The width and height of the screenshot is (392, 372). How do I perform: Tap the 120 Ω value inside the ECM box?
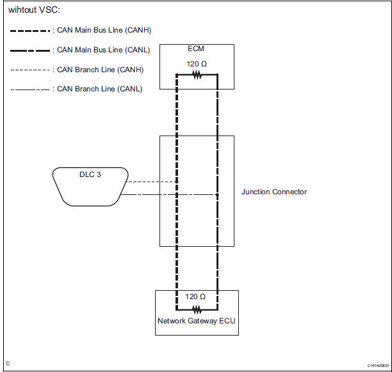197,64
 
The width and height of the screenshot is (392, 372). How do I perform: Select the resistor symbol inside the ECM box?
197,74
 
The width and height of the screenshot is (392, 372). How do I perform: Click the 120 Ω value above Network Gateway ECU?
196,297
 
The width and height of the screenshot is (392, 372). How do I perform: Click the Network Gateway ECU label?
197,322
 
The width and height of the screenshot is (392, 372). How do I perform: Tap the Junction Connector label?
274,192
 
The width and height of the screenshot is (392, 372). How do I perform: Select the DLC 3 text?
90,174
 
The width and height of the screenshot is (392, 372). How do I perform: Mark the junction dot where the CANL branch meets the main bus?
217,194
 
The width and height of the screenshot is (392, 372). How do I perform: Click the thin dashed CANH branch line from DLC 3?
152,182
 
